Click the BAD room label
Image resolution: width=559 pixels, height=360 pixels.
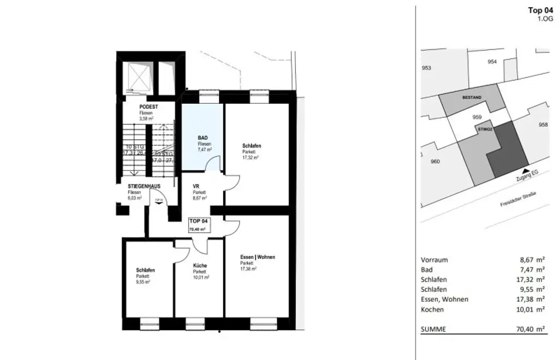[x=203, y=138]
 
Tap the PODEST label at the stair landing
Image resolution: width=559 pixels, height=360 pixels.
[x=148, y=107]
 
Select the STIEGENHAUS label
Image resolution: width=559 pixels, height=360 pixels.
[x=140, y=186]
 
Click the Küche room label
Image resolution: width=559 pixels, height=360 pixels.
[x=200, y=265]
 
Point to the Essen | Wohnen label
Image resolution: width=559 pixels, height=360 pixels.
[x=257, y=257]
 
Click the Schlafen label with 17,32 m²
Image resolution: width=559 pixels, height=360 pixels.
[x=252, y=146]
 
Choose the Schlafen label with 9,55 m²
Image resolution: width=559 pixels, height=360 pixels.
[x=146, y=270]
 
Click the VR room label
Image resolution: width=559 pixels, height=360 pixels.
[x=196, y=186]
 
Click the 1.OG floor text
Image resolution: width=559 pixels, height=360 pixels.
[x=545, y=19]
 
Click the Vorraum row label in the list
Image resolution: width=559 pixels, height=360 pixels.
[x=435, y=260]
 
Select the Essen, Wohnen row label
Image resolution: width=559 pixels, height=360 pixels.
[x=444, y=299]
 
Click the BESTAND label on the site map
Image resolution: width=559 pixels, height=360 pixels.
[x=472, y=97]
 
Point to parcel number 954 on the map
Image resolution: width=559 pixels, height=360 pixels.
[x=492, y=62]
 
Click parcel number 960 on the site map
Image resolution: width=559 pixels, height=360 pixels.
[x=435, y=161]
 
